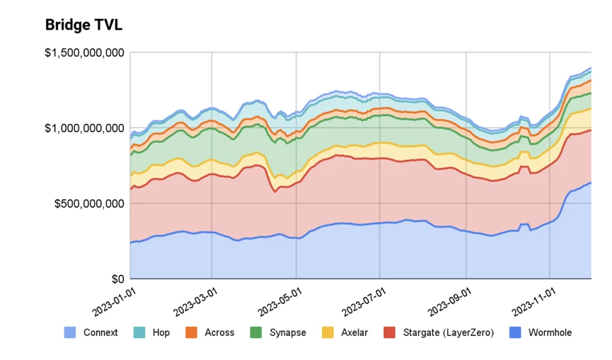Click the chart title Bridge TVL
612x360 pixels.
pos(83,25)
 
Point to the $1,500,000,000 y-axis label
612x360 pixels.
pos(85,53)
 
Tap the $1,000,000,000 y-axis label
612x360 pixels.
pos(85,128)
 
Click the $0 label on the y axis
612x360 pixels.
pos(117,279)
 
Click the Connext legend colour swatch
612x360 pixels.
pos(69,332)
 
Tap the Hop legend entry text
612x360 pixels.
pos(161,332)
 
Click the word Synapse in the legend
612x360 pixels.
pos(288,332)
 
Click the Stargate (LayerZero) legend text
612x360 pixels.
pos(448,332)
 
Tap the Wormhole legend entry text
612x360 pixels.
pos(550,332)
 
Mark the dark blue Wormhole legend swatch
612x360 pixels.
pos(514,332)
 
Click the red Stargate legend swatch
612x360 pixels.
pos(388,332)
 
